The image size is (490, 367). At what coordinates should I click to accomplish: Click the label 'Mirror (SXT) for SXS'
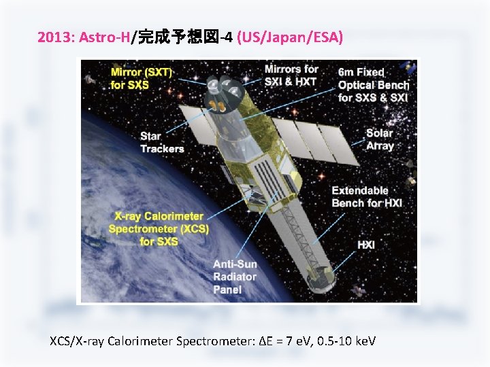click(x=142, y=78)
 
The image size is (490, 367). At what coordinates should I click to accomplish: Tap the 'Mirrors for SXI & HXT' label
click(x=291, y=75)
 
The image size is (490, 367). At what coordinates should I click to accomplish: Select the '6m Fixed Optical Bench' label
click(x=373, y=84)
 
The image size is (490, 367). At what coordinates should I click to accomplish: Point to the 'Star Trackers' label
click(x=162, y=143)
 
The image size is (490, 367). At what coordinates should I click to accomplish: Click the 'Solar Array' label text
click(x=380, y=139)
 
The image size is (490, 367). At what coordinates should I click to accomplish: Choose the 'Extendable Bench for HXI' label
click(x=367, y=196)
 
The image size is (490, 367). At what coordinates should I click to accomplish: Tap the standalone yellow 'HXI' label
click(x=366, y=245)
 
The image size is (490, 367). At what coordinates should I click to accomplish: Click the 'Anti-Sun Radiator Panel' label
click(x=235, y=277)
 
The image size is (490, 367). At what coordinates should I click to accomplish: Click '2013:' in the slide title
click(x=56, y=37)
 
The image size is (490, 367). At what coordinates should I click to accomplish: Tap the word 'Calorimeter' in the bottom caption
click(x=141, y=340)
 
